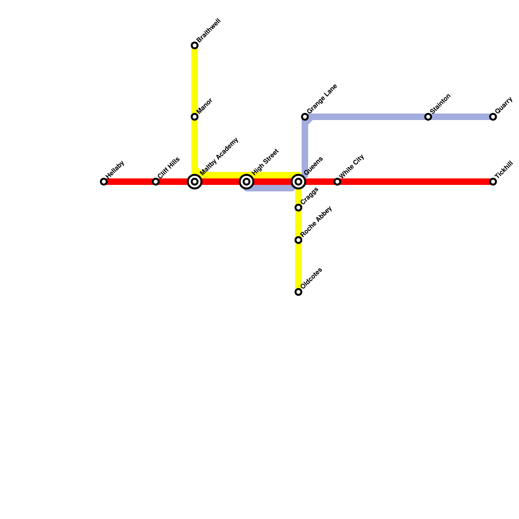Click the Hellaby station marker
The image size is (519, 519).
point(104,182)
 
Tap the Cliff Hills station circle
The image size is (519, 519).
point(156,182)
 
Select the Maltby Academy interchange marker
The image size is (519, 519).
point(195,182)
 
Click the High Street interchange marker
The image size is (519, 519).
point(247,182)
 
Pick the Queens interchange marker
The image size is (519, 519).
point(298,182)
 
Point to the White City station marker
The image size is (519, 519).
point(337,182)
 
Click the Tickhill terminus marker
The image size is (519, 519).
point(493,182)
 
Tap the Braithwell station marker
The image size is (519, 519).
point(195,45)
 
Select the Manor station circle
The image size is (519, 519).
point(195,117)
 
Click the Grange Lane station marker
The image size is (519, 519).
point(305,117)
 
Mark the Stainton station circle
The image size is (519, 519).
point(428,117)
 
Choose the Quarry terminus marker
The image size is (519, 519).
point(493,117)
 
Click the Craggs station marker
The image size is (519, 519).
point(298,208)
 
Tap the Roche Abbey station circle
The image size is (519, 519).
point(298,240)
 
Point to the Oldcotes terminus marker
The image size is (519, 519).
point(298,292)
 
